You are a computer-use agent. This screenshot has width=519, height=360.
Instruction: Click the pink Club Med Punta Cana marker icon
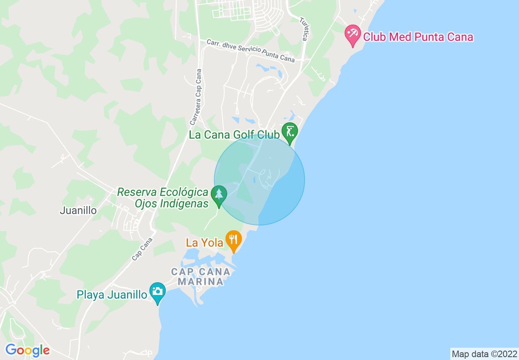[x=352, y=35]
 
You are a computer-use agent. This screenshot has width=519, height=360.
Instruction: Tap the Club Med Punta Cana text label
[x=418, y=37]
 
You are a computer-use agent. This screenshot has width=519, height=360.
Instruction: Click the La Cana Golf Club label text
[x=234, y=135]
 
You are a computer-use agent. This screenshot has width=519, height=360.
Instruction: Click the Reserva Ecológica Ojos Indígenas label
[x=163, y=198]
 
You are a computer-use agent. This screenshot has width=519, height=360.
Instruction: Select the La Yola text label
[x=204, y=243]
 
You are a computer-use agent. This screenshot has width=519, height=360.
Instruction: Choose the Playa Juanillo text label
[x=112, y=295]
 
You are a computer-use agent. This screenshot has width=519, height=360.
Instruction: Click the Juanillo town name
[x=78, y=211]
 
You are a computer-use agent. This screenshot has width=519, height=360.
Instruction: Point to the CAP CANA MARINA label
[x=201, y=277]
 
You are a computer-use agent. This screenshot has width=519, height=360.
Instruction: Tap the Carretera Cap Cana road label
[x=196, y=97]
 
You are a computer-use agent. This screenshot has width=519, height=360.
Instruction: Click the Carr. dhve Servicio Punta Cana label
[x=250, y=51]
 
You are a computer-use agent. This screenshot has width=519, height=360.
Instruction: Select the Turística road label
[x=303, y=29]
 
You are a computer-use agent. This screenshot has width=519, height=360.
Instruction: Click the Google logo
[x=27, y=350]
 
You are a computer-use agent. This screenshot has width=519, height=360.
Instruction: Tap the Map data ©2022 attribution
[x=484, y=354]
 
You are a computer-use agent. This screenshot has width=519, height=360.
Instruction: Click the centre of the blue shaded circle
[x=259, y=180]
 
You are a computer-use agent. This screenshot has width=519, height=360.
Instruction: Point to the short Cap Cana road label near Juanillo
[x=142, y=249]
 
